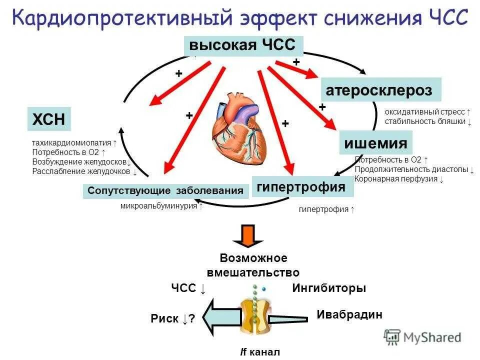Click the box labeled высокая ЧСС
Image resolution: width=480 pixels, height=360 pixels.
(x=244, y=46)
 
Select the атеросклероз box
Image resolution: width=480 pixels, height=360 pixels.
(x=380, y=90)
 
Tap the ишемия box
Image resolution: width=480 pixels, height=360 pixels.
(x=375, y=143)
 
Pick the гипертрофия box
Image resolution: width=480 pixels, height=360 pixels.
(x=302, y=187)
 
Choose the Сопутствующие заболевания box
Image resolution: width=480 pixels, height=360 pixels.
(x=165, y=191)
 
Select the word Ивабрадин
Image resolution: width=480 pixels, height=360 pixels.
(x=349, y=314)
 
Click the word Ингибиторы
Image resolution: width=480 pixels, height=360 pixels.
(x=328, y=288)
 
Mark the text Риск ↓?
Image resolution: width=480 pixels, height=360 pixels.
(x=172, y=319)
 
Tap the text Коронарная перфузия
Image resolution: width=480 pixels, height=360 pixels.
(x=396, y=178)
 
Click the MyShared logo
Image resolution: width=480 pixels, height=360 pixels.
(x=422, y=337)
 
